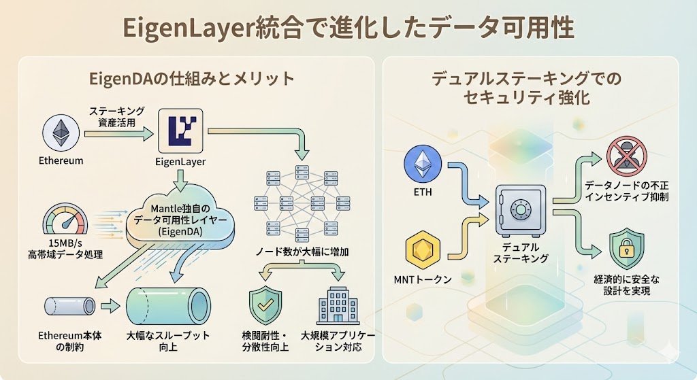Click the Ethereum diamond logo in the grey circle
pos(62,132)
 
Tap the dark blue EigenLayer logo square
pos(180,131)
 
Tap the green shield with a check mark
pos(265,307)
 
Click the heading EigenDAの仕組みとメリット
pos(192,78)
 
